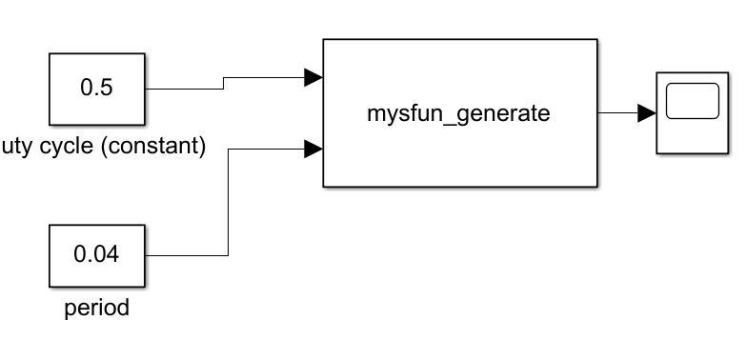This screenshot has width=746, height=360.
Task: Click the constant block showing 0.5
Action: [x=95, y=89]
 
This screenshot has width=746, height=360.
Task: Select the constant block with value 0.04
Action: [x=95, y=255]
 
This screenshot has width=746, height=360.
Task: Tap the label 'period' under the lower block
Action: [x=95, y=310]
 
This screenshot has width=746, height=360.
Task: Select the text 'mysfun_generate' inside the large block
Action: [x=459, y=113]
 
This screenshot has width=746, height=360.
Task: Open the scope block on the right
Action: [x=691, y=112]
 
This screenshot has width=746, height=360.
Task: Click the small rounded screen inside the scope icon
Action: [x=692, y=102]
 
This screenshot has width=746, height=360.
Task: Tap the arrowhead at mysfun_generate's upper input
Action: [x=313, y=78]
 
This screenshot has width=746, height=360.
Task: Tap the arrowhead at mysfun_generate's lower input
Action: [x=313, y=149]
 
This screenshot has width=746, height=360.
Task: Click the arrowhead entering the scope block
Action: [x=647, y=113]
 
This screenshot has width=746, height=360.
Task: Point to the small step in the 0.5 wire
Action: [x=223, y=84]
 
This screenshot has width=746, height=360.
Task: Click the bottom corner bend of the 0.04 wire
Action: [x=228, y=255]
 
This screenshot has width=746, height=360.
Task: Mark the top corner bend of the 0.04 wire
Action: [x=228, y=149]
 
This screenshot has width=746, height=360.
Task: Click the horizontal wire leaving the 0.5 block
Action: [x=181, y=89]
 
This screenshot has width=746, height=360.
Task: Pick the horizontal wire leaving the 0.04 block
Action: [x=186, y=255]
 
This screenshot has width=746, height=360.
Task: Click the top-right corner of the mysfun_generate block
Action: [x=596, y=40]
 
